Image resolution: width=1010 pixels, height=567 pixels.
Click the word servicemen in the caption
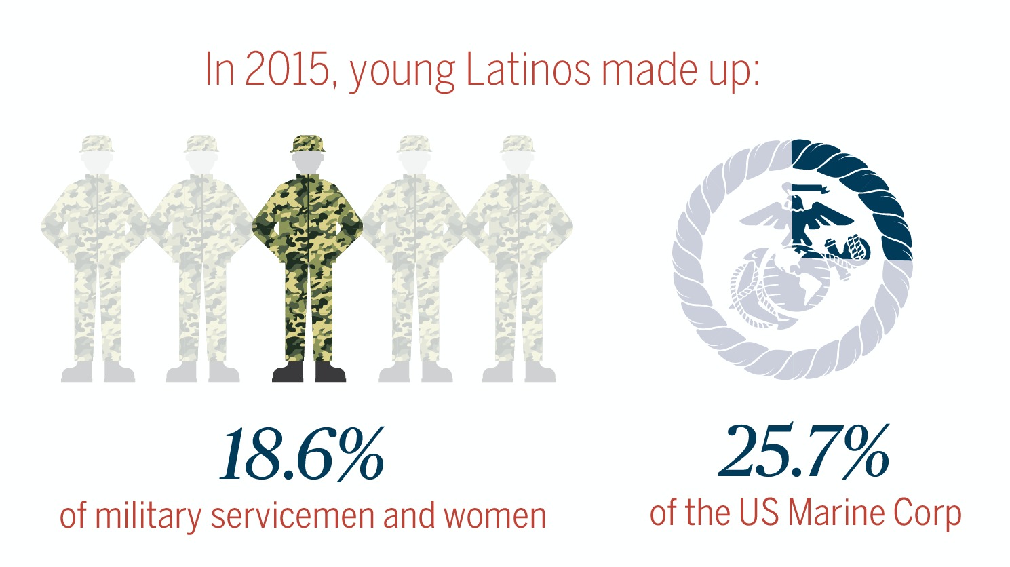(292, 515)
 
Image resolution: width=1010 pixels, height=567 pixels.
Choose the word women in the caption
(494, 515)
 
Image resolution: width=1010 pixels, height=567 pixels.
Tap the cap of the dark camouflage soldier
(308, 143)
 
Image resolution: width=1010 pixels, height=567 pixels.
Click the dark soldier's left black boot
(287, 372)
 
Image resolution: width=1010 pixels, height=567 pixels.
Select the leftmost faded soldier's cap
(96, 143)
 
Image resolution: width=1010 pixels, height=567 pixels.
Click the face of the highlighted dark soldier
(308, 162)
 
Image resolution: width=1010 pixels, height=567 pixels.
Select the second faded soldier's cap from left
(201, 143)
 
